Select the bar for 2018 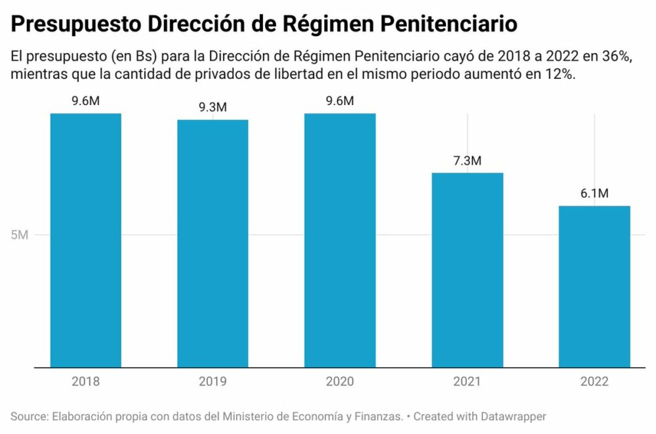(86, 240)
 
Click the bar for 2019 (213, 244)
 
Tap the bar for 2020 (340, 240)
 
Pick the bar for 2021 (467, 270)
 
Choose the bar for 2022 (594, 286)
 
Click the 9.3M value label (213, 108)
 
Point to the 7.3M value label (467, 161)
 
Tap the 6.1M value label (594, 194)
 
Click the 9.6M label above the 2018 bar (86, 101)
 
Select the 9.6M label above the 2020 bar (340, 101)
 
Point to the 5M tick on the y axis (19, 235)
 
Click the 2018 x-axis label (86, 381)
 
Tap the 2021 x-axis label (467, 381)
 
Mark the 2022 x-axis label (594, 381)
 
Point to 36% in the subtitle (616, 57)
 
